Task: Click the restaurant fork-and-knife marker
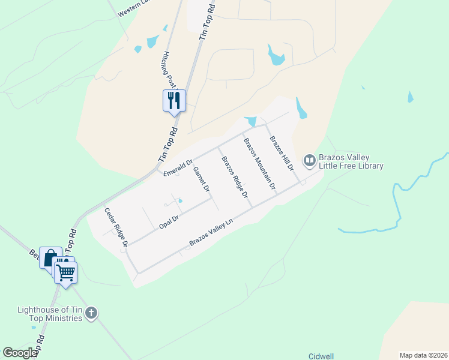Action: pos(174,100)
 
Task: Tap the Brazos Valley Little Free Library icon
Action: pos(310,160)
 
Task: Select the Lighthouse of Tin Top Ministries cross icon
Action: pos(91,313)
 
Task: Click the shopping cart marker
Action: pos(66,273)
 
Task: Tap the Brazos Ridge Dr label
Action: pos(235,177)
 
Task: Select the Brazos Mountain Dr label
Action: pos(259,163)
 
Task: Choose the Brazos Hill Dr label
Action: pos(281,154)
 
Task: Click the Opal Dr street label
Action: pos(169,222)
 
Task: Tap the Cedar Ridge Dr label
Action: pos(116,227)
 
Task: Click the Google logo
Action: pos(20,353)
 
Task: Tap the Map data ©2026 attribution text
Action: pos(423,355)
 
